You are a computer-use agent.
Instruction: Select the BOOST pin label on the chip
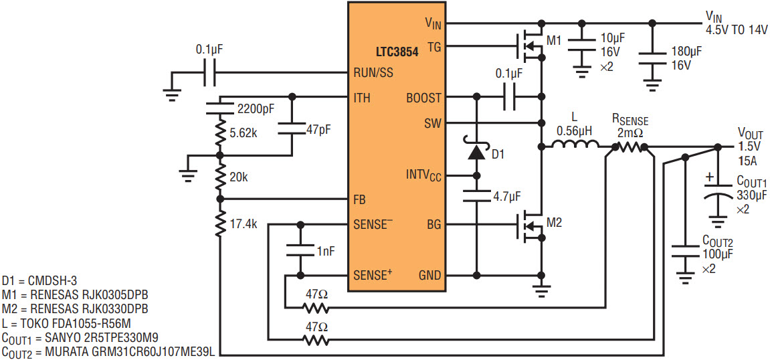[x=423, y=98]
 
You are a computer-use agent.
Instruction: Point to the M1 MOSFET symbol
[x=530, y=47]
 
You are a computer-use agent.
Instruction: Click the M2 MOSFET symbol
[x=530, y=226]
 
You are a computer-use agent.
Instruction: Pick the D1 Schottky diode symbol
[x=476, y=152]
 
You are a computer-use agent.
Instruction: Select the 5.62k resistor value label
[x=243, y=132]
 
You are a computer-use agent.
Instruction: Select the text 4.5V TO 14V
[x=736, y=30]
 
